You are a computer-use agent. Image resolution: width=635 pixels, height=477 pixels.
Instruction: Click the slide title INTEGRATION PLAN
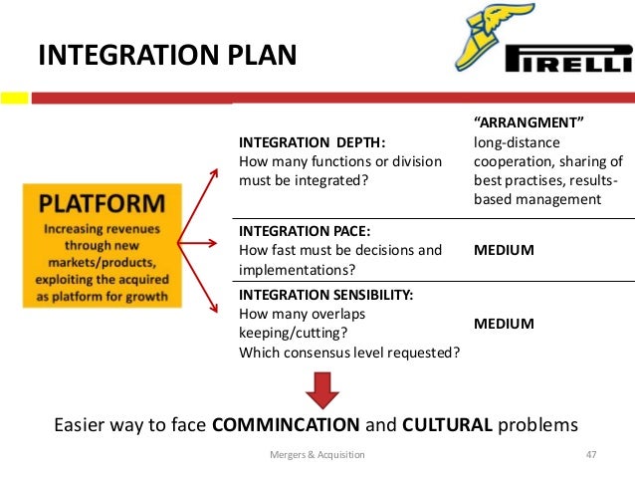point(167,54)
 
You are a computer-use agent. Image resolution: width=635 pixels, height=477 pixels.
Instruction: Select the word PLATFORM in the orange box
point(102,204)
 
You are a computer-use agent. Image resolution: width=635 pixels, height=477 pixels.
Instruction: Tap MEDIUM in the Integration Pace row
point(504,250)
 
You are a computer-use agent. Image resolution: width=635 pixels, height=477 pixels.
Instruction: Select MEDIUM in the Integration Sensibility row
point(504,324)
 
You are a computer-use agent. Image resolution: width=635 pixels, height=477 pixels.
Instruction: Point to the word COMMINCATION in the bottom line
point(287,424)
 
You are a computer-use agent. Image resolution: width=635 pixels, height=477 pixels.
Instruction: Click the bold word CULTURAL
point(447,424)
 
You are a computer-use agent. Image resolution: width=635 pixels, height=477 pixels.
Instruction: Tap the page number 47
point(590,454)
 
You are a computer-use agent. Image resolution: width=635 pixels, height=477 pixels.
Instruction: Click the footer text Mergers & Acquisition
point(317,454)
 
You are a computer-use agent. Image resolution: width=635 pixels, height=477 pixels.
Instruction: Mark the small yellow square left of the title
point(13,99)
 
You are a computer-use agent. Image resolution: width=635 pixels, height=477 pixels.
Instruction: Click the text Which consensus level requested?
point(348,351)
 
